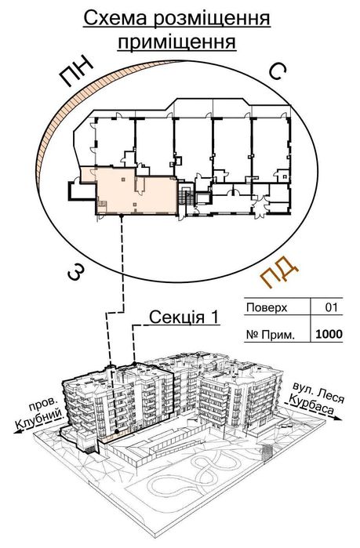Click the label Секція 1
click(x=184, y=318)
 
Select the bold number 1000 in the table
click(x=328, y=334)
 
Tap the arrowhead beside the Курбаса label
click(x=337, y=420)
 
